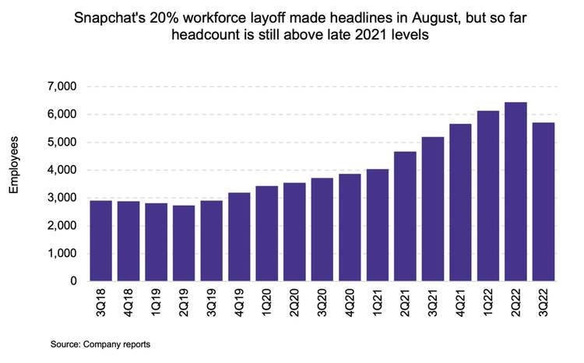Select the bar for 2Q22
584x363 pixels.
pyautogui.click(x=515, y=192)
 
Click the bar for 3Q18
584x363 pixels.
pyautogui.click(x=100, y=241)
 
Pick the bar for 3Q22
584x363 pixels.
pyautogui.click(x=543, y=202)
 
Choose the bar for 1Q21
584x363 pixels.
pyautogui.click(x=377, y=225)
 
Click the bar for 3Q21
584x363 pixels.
pyautogui.click(x=432, y=209)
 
